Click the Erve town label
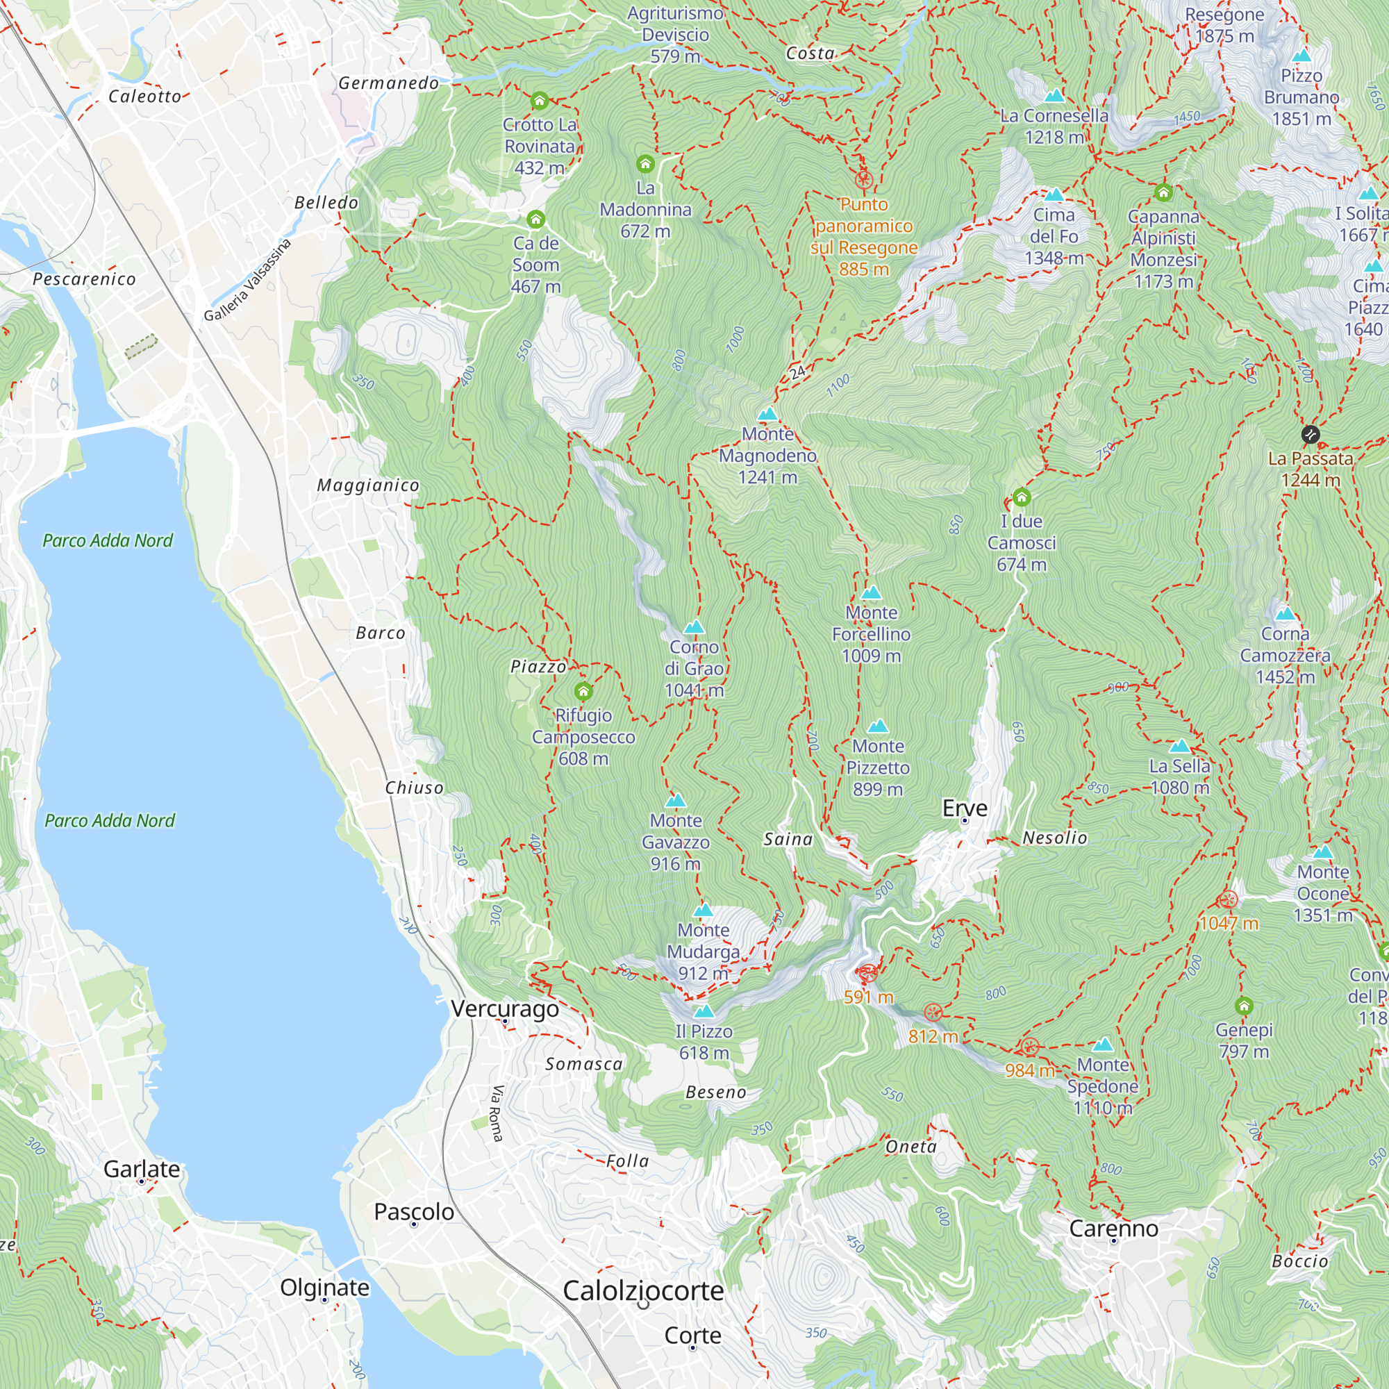point(965,808)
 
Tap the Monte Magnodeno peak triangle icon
point(768,414)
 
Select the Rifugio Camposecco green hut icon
point(584,692)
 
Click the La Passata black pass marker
point(1311,434)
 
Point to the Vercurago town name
point(506,1008)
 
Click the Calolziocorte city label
point(644,1290)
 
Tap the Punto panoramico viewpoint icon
point(864,179)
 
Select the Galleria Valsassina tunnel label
point(247,281)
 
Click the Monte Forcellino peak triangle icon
point(872,593)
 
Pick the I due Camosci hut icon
point(1022,497)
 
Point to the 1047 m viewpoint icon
point(1229,900)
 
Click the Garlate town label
point(142,1169)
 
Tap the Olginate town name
point(325,1287)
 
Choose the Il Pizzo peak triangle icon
point(704,1012)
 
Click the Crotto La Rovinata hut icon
point(539,101)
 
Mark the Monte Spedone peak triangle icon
point(1103,1045)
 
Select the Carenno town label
point(1114,1229)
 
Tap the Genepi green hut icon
point(1245,1006)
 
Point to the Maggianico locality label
point(368,485)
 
